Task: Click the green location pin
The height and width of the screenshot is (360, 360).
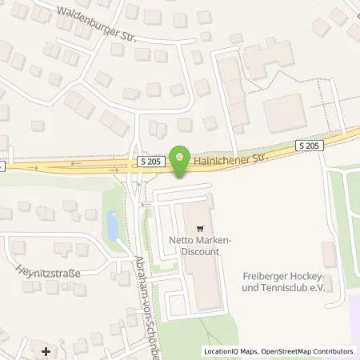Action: click(x=182, y=161)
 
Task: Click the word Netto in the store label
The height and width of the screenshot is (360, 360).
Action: click(x=182, y=239)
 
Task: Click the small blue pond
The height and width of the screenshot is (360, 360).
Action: click(x=113, y=226)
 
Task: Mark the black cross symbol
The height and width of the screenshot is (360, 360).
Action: click(x=45, y=350)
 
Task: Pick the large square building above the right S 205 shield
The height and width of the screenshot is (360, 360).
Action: click(x=284, y=111)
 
